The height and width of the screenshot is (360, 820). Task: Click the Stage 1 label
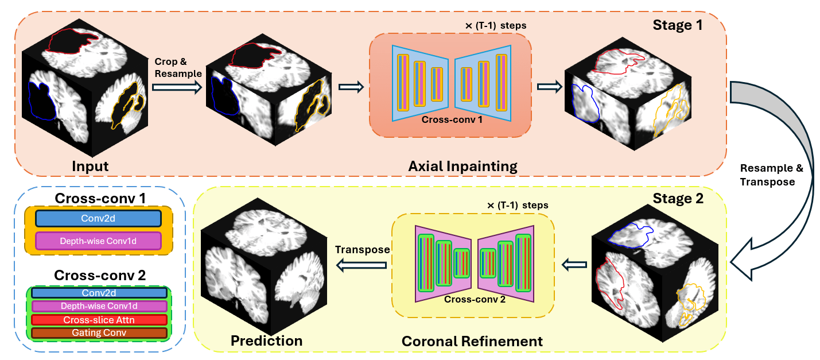pos(678,25)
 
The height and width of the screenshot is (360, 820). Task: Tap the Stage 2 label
pos(678,198)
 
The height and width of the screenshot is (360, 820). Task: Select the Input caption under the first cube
pos(90,167)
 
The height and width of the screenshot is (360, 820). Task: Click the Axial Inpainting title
pos(463,167)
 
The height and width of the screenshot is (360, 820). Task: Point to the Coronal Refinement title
pos(472,341)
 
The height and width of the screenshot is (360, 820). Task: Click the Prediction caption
pos(266,340)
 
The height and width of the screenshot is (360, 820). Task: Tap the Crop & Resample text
pos(178,67)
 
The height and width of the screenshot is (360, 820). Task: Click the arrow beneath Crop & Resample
pos(177,87)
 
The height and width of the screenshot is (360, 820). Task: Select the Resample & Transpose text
pos(771,175)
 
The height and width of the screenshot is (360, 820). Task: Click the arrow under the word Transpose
pos(362,265)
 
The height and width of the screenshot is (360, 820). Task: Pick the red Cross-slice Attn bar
pos(99,320)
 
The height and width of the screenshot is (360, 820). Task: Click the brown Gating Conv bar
pos(99,332)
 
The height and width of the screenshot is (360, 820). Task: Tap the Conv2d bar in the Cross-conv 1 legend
pos(98,218)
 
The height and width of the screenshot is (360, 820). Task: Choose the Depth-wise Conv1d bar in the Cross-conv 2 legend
pos(99,306)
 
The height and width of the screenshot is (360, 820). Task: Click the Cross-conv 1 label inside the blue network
pos(452,119)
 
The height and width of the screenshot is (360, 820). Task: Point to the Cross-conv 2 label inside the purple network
pos(475,299)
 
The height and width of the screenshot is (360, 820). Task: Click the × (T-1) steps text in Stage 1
pos(496,26)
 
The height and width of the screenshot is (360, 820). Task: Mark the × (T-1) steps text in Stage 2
pos(518,205)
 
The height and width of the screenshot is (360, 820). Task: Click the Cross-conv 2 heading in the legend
pos(100,275)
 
